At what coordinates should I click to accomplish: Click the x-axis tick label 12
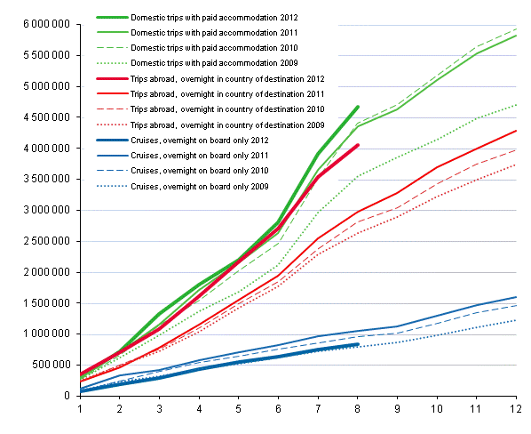tap(514, 408)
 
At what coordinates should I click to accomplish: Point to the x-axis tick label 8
tap(357, 408)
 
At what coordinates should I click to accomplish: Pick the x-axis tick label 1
tap(81, 408)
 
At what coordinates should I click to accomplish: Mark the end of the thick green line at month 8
tap(357, 107)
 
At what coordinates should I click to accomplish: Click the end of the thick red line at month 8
tap(357, 145)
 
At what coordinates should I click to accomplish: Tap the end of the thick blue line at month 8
tap(357, 344)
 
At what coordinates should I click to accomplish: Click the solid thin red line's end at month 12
tap(515, 131)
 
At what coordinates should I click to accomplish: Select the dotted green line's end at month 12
tap(515, 104)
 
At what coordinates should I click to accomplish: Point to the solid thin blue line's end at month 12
tap(515, 297)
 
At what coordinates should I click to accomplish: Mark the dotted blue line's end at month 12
tap(515, 320)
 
